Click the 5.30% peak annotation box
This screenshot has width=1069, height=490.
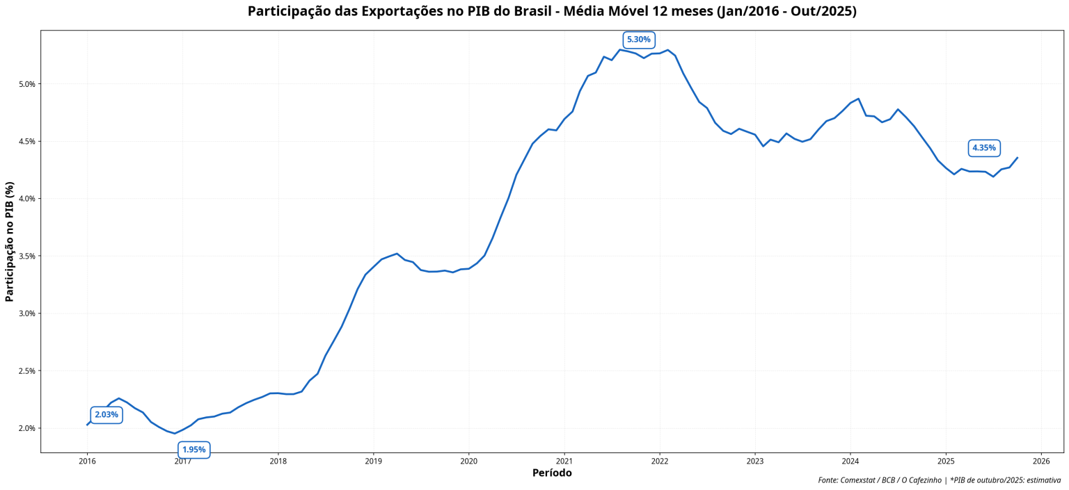pos(638,40)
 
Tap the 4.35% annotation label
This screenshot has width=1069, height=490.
pos(984,148)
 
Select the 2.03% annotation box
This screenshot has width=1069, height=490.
pos(106,415)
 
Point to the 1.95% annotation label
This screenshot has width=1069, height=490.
pos(194,450)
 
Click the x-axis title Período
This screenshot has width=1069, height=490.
pos(552,473)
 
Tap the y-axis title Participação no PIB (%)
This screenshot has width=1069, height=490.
pos(10,241)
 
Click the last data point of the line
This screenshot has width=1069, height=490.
pos(1017,158)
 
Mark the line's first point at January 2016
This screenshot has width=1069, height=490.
pos(87,425)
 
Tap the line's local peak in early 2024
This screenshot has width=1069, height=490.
pos(858,99)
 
